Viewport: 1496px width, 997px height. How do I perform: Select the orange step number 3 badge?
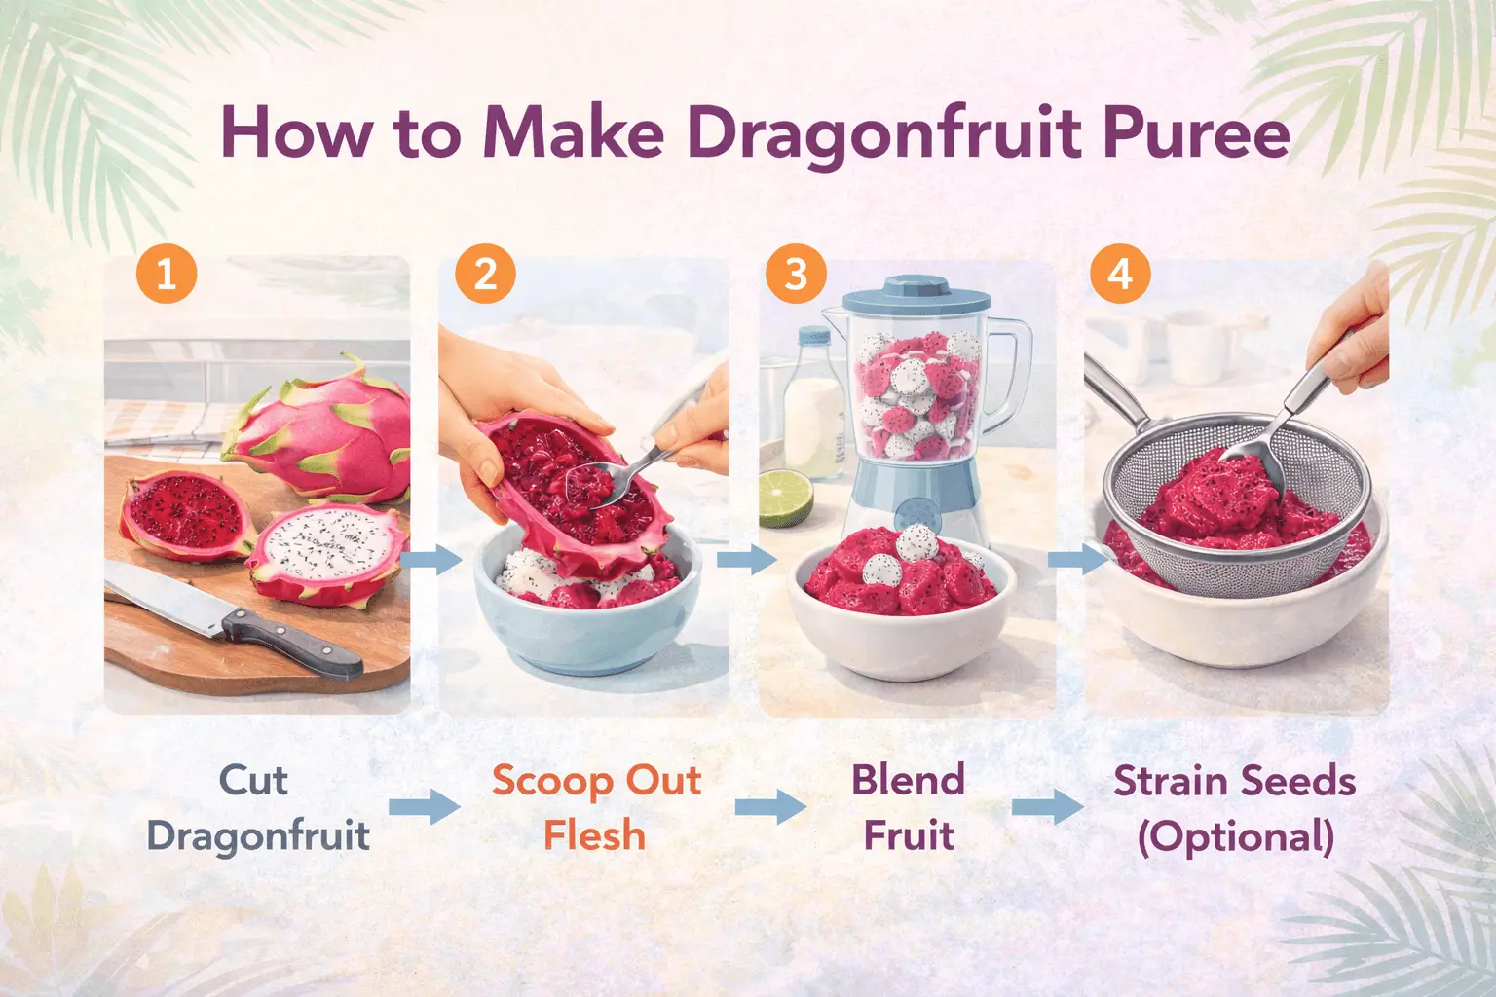tap(796, 274)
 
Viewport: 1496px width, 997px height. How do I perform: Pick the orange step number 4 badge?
tap(1120, 274)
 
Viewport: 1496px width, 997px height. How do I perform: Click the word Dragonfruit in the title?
tap(884, 133)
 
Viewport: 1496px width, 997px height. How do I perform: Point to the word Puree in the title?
tap(1195, 133)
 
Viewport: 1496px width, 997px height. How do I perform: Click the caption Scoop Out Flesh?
tap(595, 807)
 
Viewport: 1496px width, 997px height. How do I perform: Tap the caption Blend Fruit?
tap(908, 807)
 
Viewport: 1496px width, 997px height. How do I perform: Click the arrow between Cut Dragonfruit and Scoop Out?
tap(424, 807)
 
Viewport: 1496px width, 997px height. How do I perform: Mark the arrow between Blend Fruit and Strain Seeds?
tap(1047, 807)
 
